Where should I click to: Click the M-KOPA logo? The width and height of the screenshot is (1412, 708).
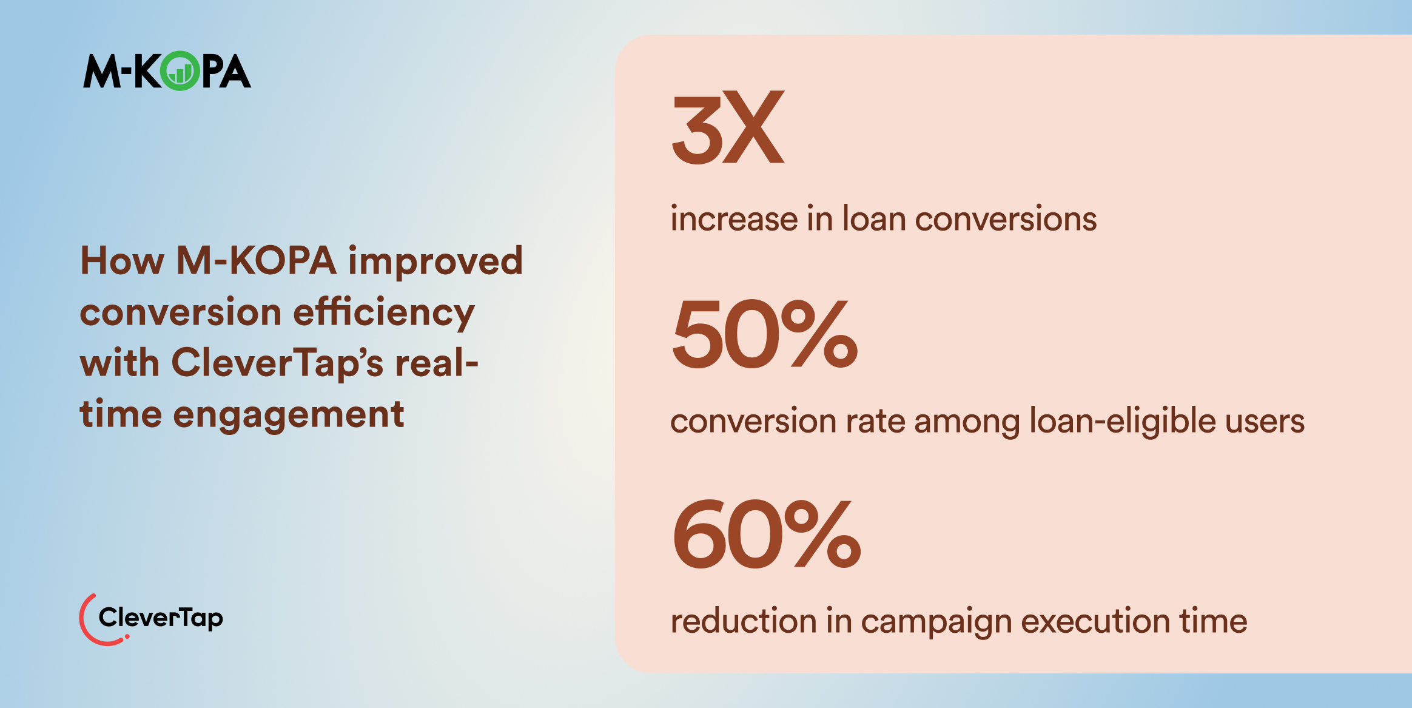[167, 72]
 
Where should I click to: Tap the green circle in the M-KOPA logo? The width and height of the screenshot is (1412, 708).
[180, 72]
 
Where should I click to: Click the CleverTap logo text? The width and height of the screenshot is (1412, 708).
[161, 618]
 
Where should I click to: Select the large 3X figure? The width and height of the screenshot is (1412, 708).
[728, 127]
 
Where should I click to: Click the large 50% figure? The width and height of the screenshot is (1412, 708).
[765, 334]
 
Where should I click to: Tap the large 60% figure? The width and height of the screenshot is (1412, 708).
[766, 534]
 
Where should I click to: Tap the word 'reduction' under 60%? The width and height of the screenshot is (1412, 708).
[743, 621]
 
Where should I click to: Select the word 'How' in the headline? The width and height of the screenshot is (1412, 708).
[122, 261]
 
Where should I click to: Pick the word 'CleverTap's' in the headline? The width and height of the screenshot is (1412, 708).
[277, 364]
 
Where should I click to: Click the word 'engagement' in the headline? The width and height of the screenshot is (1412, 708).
[289, 416]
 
